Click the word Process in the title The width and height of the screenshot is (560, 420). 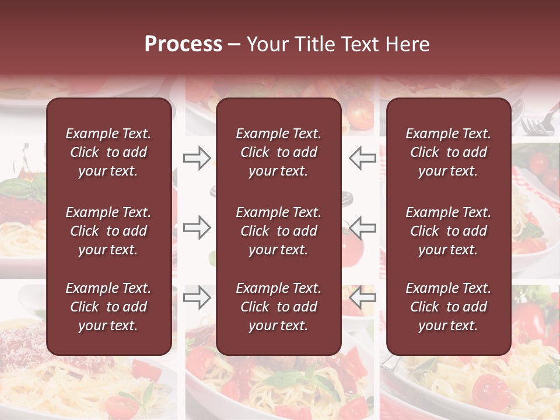183,44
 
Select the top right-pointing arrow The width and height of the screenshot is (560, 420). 197,158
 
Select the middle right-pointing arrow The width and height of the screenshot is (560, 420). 197,228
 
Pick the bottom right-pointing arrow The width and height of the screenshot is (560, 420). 197,297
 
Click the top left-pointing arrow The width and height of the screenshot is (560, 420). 362,158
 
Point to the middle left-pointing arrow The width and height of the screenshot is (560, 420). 362,228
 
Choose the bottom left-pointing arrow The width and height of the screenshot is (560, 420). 362,297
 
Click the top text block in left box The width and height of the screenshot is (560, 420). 108,152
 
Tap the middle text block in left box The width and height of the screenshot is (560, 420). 108,231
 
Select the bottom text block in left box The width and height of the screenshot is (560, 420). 108,307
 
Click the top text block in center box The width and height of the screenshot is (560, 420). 279,152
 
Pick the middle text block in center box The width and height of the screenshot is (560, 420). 279,231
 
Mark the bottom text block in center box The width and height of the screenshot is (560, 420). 279,307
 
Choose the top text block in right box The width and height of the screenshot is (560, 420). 449,152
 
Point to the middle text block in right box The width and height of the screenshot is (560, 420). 449,231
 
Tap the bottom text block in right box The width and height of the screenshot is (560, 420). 449,307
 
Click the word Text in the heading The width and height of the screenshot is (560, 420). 360,44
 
